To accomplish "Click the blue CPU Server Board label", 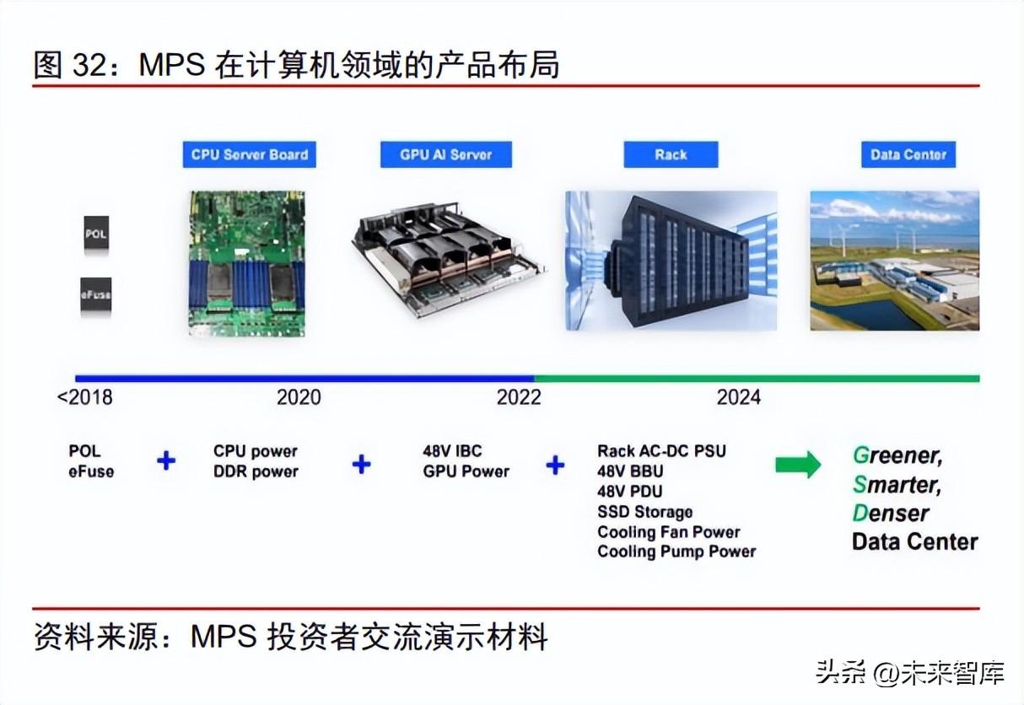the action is (x=249, y=154).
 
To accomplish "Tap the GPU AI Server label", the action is (x=446, y=154).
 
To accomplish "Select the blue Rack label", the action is (x=671, y=154).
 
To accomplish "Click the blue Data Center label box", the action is (x=908, y=154).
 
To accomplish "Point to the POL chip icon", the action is (x=96, y=233).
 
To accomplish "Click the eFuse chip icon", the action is (x=96, y=294).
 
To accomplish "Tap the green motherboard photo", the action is (x=247, y=264).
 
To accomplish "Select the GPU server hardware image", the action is (x=449, y=261).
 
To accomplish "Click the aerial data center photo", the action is (x=895, y=261).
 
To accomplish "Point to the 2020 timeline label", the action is (x=299, y=397).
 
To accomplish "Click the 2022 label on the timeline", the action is (x=519, y=397).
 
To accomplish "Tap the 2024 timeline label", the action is (x=739, y=397).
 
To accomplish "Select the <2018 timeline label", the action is (x=84, y=397).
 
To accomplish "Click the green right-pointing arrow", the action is (x=798, y=465).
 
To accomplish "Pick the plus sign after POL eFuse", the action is (x=166, y=460).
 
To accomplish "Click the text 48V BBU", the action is (x=630, y=471).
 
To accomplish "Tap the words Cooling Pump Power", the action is (x=676, y=552).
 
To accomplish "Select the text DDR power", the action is (x=256, y=471).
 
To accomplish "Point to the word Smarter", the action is (x=897, y=484).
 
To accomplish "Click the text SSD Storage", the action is (x=644, y=512).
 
